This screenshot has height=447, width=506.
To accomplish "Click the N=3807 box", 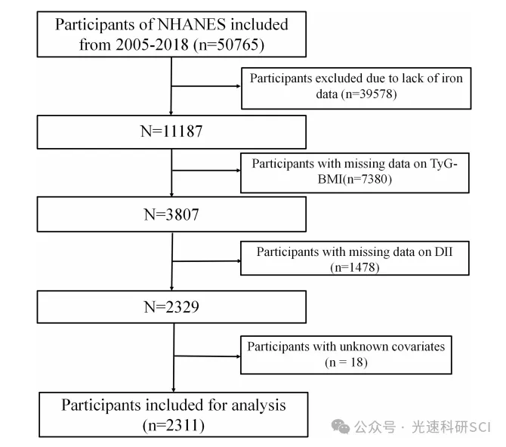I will (172, 214).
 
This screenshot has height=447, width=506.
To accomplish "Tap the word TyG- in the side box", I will (437, 163).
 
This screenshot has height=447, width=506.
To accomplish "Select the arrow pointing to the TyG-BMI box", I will (234, 171).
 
